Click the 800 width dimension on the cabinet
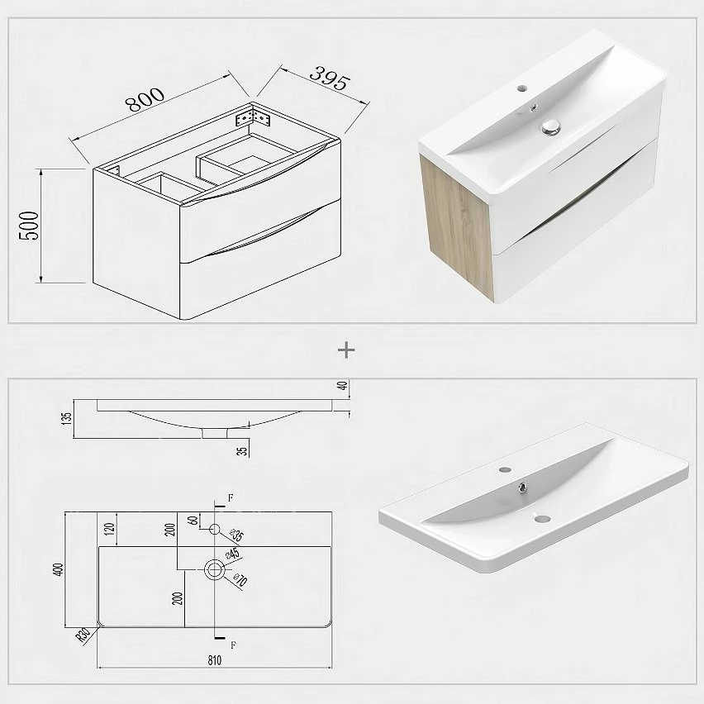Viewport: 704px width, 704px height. (145, 99)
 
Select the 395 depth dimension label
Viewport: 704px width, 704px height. (330, 78)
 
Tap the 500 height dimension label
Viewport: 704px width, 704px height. (30, 226)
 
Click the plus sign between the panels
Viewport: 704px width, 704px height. (346, 350)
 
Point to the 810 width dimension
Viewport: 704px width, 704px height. (215, 660)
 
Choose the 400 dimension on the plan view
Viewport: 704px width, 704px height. (59, 569)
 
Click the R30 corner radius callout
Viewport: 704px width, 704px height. (83, 635)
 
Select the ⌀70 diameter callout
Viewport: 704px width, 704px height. (240, 580)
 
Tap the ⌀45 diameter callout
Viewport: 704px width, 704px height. (232, 554)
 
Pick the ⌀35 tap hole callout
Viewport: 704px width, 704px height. (236, 535)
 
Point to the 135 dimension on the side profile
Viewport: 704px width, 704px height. (66, 419)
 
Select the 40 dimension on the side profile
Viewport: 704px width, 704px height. (343, 386)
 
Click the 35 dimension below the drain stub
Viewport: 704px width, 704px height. (242, 451)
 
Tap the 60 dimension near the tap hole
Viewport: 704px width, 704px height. (193, 521)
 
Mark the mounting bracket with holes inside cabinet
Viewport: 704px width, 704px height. (253, 117)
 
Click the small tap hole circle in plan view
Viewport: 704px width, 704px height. (215, 530)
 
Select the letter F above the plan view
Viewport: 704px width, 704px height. (231, 497)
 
